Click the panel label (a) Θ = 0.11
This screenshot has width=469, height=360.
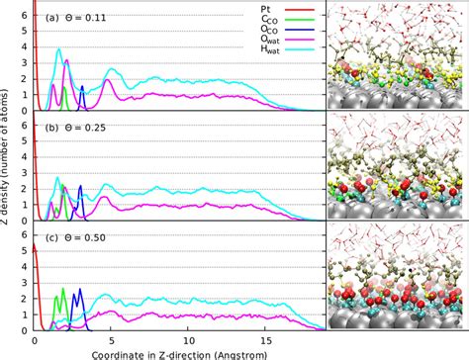click(74, 17)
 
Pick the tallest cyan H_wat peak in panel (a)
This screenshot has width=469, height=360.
click(58, 50)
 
